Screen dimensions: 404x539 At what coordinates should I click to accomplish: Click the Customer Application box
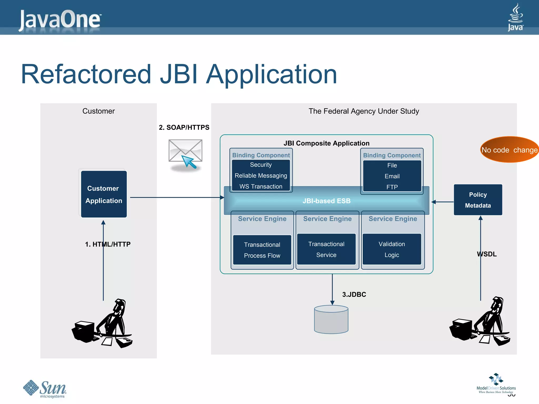pyautogui.click(x=104, y=194)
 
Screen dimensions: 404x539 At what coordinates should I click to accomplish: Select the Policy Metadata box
pyautogui.click(x=478, y=200)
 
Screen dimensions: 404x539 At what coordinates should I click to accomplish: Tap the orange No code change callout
pyautogui.click(x=509, y=150)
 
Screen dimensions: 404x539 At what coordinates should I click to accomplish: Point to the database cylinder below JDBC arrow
pyautogui.click(x=331, y=320)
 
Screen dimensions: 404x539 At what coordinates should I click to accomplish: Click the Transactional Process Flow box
pyautogui.click(x=262, y=250)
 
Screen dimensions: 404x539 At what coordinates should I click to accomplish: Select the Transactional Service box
pyautogui.click(x=326, y=249)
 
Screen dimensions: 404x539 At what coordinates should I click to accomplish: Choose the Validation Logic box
pyautogui.click(x=392, y=249)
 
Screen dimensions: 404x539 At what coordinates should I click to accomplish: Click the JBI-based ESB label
pyautogui.click(x=326, y=201)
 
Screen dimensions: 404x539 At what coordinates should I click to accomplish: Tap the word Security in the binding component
pyautogui.click(x=261, y=165)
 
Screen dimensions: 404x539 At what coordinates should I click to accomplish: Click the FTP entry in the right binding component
pyautogui.click(x=392, y=187)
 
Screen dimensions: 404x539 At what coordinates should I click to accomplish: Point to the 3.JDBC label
pyautogui.click(x=354, y=295)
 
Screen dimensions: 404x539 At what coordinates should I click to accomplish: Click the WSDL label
pyautogui.click(x=487, y=254)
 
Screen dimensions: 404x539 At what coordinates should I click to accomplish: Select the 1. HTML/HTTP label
pyautogui.click(x=108, y=244)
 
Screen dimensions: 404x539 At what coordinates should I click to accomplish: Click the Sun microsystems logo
pyautogui.click(x=45, y=389)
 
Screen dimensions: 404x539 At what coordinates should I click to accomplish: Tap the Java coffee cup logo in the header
pyautogui.click(x=515, y=17)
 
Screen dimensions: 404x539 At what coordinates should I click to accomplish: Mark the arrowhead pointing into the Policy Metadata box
pyautogui.click(x=480, y=218)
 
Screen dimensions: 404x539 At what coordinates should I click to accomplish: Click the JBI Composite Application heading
pyautogui.click(x=326, y=143)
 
